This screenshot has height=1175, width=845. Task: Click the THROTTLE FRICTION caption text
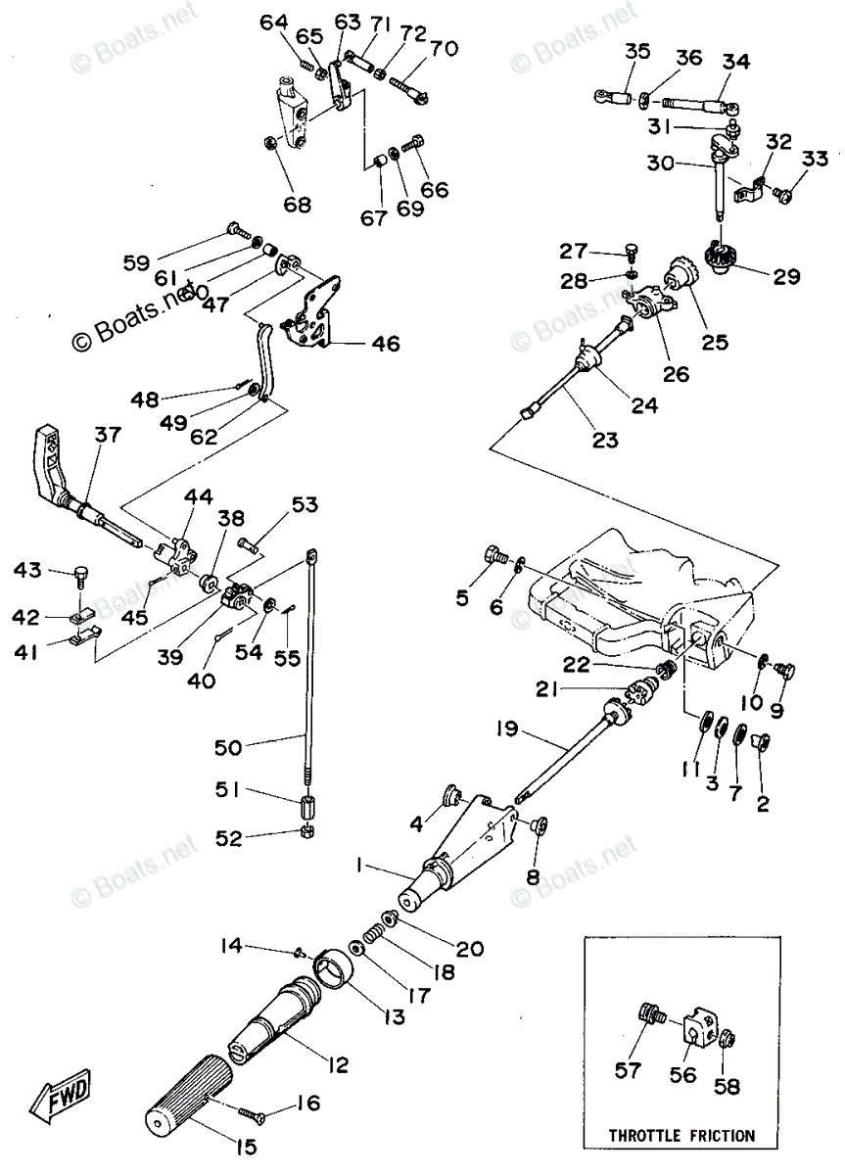[682, 1136]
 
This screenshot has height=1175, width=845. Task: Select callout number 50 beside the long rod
[228, 748]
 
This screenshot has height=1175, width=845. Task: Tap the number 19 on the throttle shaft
[506, 729]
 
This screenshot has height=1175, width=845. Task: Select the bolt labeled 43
[82, 575]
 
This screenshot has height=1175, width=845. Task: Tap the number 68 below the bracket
[297, 205]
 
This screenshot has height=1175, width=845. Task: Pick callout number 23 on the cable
[604, 440]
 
